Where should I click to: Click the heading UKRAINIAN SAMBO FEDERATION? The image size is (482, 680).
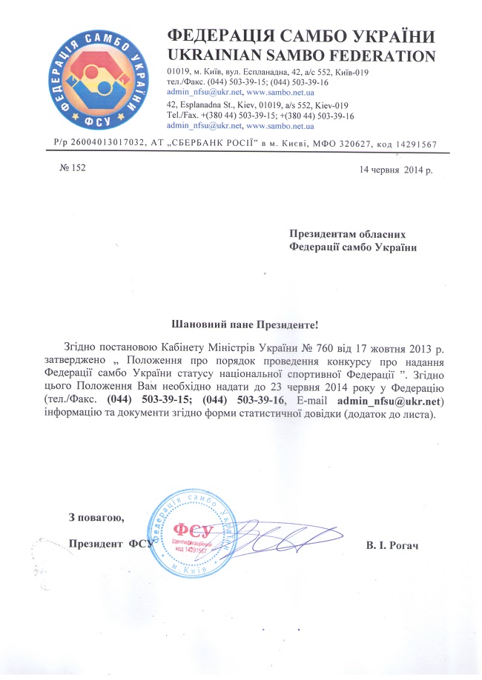pyautogui.click(x=301, y=55)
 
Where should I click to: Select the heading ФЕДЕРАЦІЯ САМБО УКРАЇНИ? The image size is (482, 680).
pyautogui.click(x=301, y=36)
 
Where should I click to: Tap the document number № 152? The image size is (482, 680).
pyautogui.click(x=72, y=168)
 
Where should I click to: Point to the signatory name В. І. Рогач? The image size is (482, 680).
pyautogui.click(x=392, y=545)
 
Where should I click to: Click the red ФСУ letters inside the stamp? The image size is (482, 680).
pyautogui.click(x=193, y=529)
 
